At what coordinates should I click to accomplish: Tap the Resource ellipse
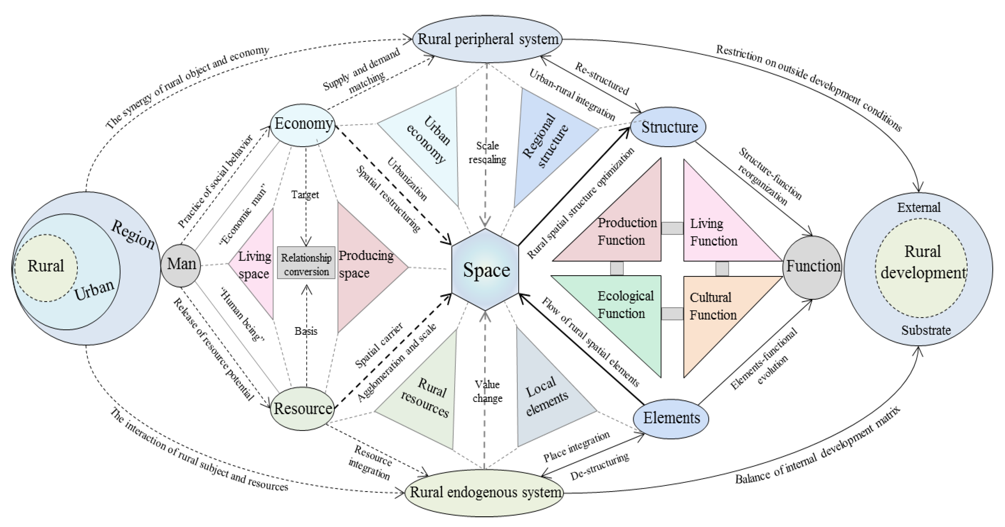303,408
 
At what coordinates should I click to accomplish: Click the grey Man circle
181,265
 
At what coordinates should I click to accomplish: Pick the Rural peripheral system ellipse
488,39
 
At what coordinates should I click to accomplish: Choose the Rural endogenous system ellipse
485,492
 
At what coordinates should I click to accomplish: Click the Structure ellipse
669,127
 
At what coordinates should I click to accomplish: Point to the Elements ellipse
671,418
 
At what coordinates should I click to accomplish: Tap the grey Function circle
813,267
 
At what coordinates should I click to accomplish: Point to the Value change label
487,391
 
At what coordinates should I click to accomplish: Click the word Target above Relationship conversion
305,195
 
